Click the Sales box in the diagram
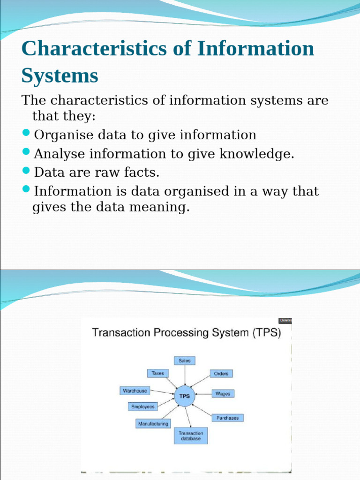(185, 361)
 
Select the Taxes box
(158, 374)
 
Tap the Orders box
(221, 374)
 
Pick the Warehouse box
(135, 391)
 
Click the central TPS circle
(185, 396)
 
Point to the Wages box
(223, 394)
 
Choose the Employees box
(142, 407)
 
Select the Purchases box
(227, 418)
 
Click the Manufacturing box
(153, 424)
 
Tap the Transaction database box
(191, 436)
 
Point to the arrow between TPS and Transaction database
(188, 416)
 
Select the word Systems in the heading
(60, 75)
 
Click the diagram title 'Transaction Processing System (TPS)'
(186, 333)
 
